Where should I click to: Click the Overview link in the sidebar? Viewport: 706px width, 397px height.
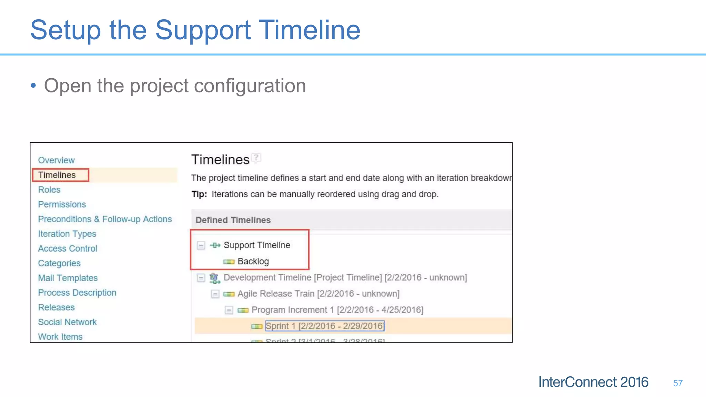(x=56, y=160)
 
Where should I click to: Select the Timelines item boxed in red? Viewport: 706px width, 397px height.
(x=57, y=175)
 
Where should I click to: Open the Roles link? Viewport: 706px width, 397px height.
(x=49, y=190)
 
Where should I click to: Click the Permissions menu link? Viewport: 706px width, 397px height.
(x=62, y=204)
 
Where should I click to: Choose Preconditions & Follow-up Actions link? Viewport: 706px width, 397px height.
(x=105, y=219)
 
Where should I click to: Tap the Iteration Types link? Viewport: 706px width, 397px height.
(x=67, y=234)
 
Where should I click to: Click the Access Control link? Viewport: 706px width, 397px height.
(x=68, y=248)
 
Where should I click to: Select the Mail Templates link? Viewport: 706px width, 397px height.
(x=68, y=278)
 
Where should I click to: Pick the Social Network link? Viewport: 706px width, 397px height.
(x=67, y=322)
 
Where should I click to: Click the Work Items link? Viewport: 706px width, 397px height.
(x=60, y=337)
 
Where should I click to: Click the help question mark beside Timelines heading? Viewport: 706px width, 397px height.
(x=256, y=157)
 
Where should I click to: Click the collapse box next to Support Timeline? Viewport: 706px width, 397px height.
(x=201, y=245)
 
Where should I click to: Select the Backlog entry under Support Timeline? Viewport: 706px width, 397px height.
(x=253, y=262)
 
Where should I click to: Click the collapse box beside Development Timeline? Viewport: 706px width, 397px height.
(x=201, y=278)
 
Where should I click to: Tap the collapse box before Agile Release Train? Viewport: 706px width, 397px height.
(x=215, y=294)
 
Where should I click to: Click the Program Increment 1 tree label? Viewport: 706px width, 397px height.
(x=337, y=310)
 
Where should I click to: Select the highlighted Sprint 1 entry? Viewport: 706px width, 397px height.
(x=324, y=326)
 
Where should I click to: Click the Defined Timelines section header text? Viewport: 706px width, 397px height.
(x=233, y=220)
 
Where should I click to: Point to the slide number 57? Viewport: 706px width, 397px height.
(x=678, y=383)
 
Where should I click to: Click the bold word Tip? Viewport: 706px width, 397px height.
(x=199, y=194)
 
